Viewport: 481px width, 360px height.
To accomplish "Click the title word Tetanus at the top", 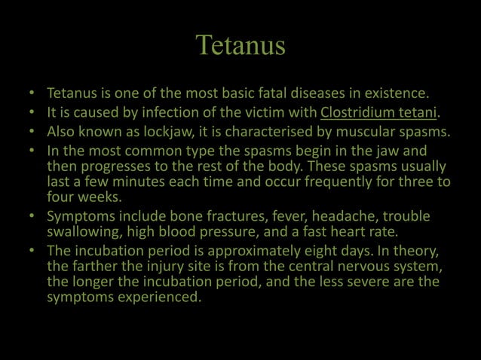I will click(240, 45).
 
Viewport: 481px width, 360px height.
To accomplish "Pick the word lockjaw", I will click(141, 133).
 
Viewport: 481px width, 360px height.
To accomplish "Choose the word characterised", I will click(245, 133).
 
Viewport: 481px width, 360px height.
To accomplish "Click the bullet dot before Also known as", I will click(32, 133).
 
